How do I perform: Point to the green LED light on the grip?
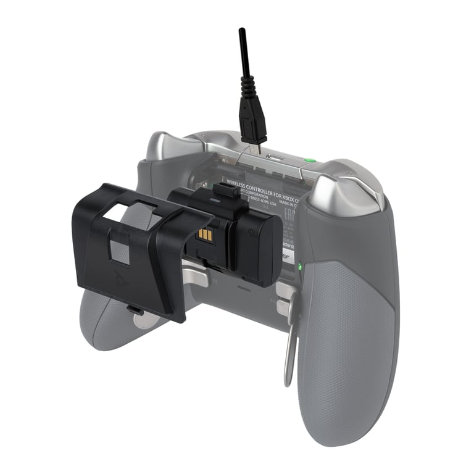point(299,267)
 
